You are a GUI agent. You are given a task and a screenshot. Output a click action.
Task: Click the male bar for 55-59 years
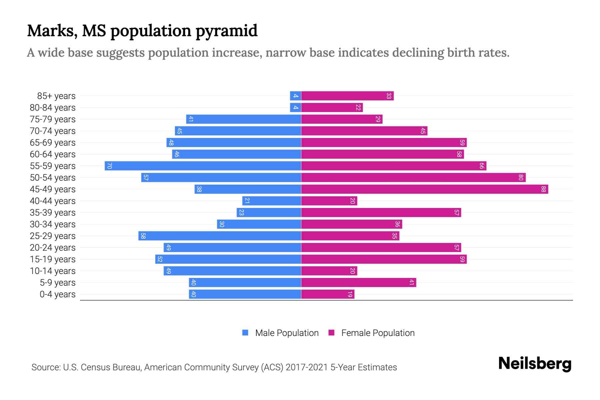tap(203, 166)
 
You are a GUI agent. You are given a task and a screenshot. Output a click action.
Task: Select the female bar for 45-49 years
tap(424, 189)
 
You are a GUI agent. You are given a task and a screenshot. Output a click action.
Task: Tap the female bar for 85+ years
tap(347, 96)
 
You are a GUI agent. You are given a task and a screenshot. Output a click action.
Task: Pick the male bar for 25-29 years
tap(220, 236)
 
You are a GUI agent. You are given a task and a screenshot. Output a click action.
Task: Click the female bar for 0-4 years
tap(328, 294)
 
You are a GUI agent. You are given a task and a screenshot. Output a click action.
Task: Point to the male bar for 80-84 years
tap(295, 108)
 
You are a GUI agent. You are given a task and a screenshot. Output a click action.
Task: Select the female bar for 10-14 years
tap(329, 271)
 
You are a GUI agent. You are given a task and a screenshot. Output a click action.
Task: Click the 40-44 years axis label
tap(53, 201)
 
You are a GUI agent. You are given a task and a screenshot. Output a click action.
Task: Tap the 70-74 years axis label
tap(53, 131)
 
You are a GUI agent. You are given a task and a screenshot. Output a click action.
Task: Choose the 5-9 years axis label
tap(58, 283)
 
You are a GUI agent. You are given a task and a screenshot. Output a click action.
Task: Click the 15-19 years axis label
tap(53, 259)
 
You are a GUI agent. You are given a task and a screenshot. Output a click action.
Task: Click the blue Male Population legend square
tap(245, 333)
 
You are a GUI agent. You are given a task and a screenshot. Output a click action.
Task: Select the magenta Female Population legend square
tap(331, 333)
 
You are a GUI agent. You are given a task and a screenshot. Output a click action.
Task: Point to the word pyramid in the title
tap(226, 31)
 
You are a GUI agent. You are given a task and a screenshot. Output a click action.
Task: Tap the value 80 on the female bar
tap(520, 177)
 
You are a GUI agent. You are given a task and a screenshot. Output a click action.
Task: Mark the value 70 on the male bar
tap(109, 166)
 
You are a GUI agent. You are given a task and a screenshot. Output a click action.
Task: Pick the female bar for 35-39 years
tap(381, 212)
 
